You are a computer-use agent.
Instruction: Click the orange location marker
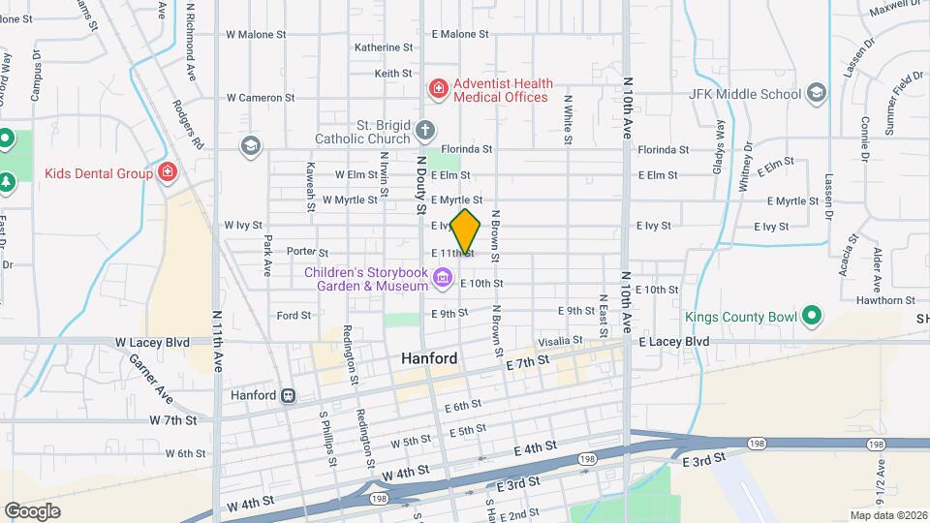click(x=466, y=231)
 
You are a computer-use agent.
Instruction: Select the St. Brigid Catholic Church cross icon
click(x=424, y=130)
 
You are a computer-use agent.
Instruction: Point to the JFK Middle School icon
click(x=817, y=93)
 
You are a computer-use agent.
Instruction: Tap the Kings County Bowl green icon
click(x=812, y=317)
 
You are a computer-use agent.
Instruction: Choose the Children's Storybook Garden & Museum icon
click(x=443, y=279)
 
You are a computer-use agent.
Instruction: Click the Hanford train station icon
click(x=288, y=395)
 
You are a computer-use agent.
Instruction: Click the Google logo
click(x=32, y=510)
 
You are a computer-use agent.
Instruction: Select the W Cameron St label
click(x=261, y=98)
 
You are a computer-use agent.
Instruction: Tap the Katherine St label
click(x=384, y=47)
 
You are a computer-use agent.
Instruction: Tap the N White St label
click(x=568, y=119)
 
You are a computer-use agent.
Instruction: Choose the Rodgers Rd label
click(x=189, y=124)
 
